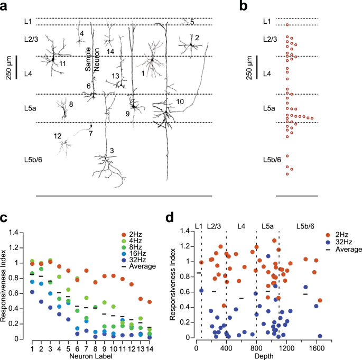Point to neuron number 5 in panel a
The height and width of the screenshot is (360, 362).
[192, 22]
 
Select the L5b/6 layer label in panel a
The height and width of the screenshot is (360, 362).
[33, 160]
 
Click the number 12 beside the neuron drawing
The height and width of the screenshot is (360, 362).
[58, 136]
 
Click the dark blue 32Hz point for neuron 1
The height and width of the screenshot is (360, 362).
[32, 292]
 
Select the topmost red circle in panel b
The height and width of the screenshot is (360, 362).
[287, 25]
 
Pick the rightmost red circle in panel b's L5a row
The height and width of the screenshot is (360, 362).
[312, 118]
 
